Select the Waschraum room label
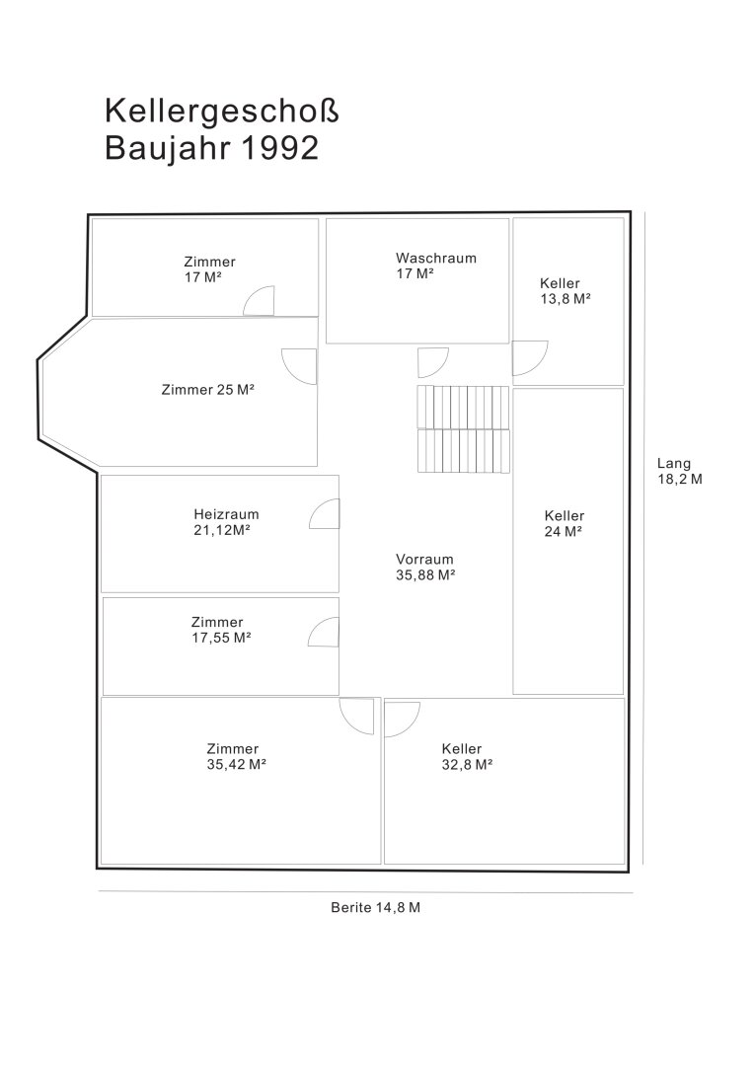click(436, 259)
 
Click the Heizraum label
click(226, 514)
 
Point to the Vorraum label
click(424, 560)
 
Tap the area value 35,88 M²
click(425, 575)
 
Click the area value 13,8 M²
click(565, 299)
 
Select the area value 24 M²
click(563, 532)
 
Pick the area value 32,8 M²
click(467, 765)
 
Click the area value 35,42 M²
click(236, 765)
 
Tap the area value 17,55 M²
click(221, 638)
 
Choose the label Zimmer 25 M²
click(207, 390)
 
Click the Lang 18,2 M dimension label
click(679, 471)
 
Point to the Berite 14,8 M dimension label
click(375, 908)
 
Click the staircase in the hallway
click(463, 429)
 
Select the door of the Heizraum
click(325, 513)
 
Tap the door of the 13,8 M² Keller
click(530, 358)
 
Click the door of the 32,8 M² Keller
click(402, 720)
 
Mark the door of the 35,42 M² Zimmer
click(357, 718)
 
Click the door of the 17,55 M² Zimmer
click(323, 633)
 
